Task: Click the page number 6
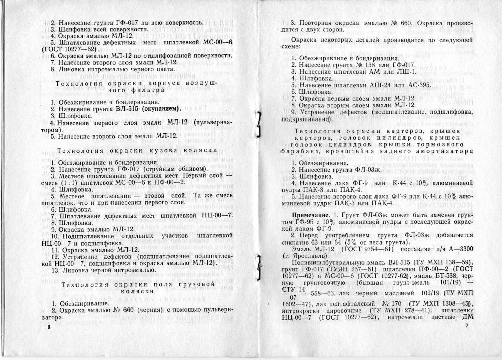tap(49, 326)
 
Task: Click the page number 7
tap(466, 326)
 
